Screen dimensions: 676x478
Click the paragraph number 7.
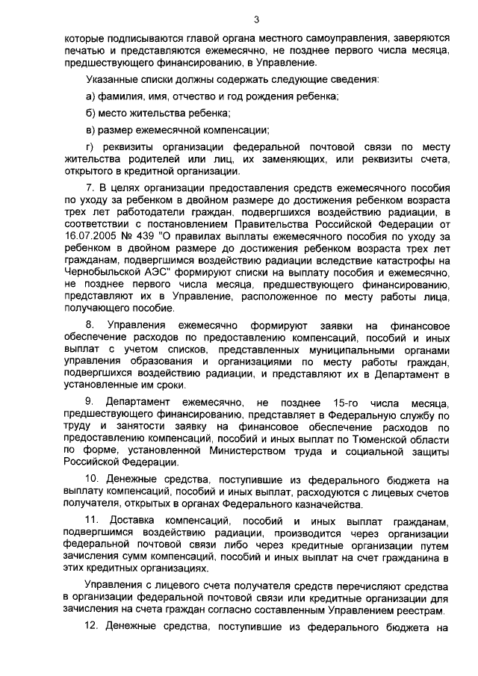point(90,187)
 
